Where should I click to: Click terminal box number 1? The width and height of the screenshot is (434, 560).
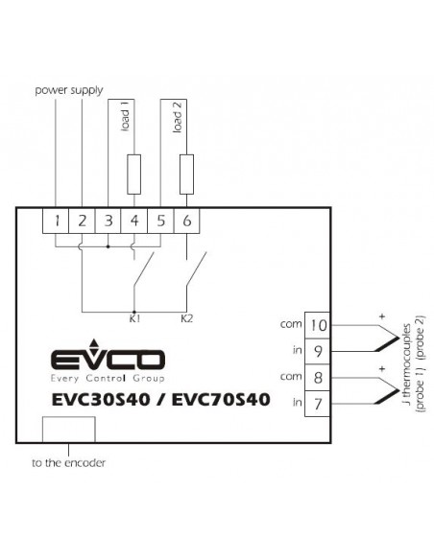pos(56,222)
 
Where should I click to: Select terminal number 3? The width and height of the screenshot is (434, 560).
pos(108,222)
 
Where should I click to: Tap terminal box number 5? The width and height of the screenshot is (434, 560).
pos(160,222)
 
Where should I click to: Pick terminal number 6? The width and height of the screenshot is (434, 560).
pos(186,222)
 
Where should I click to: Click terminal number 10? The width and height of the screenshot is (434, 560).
pos(318,325)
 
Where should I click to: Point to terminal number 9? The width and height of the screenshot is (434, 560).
pos(318,351)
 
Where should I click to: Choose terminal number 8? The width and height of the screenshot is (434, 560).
pos(318,378)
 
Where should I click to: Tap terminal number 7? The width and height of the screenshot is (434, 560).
pos(318,404)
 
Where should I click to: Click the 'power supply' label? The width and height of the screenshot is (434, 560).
pos(69,90)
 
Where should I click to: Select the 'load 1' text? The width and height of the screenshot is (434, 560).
pos(126,116)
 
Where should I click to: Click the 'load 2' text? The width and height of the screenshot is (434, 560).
pos(178,117)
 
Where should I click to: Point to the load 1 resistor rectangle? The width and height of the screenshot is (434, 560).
pos(134,175)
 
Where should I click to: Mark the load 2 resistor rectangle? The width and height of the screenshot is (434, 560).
pos(186,175)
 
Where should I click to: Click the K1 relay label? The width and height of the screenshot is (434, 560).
pos(134,318)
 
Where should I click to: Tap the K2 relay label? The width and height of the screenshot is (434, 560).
pos(187,318)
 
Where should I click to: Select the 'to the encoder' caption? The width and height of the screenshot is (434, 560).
pos(68,463)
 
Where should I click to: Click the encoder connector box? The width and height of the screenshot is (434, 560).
pos(69,430)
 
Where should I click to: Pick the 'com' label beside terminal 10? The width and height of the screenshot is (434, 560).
pos(291,324)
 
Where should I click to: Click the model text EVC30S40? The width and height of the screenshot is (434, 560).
pos(101,400)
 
